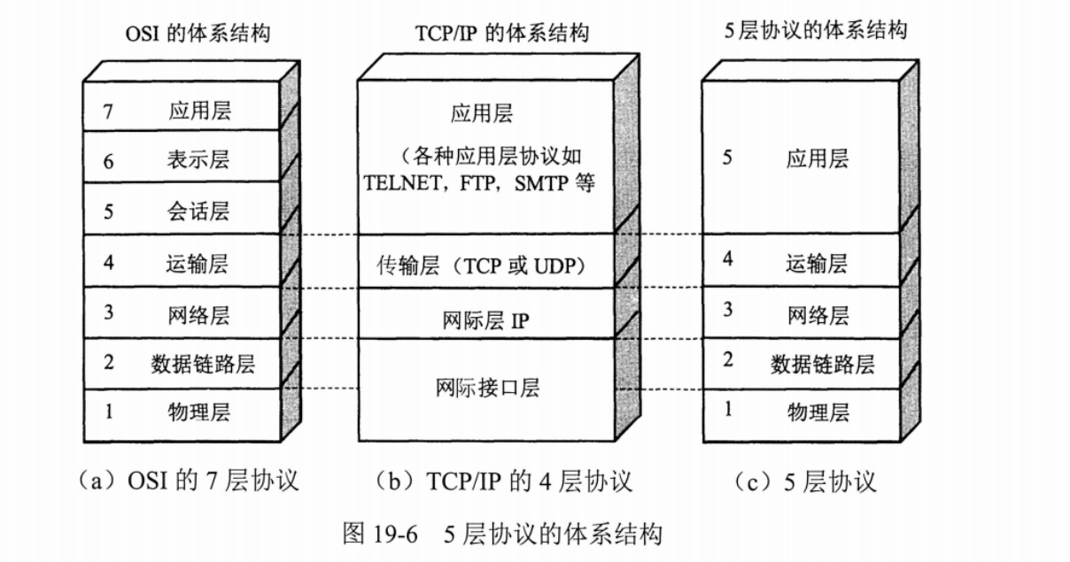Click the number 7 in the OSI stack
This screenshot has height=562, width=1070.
[108, 111]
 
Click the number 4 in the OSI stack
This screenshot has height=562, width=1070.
[108, 262]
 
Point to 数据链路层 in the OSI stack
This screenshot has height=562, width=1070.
[203, 363]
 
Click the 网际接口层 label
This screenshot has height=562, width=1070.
[488, 388]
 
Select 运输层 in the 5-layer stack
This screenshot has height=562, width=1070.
[817, 262]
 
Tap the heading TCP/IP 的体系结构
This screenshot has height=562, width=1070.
[501, 35]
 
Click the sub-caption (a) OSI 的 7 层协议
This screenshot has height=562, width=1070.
[189, 481]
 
